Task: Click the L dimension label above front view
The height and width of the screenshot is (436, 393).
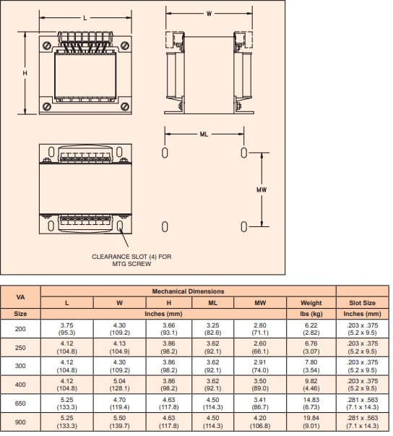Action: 85,17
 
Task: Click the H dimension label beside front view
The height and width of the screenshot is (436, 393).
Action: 25,74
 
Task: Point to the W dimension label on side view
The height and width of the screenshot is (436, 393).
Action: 208,13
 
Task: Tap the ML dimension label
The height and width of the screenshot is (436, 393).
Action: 204,134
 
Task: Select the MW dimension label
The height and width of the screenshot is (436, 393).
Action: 262,189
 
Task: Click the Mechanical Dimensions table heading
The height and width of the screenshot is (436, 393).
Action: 188,291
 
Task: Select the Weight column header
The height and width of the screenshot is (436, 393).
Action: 310,302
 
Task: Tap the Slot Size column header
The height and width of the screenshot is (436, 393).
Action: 362,302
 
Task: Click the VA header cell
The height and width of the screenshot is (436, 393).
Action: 21,296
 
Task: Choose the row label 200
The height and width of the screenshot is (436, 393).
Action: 21,329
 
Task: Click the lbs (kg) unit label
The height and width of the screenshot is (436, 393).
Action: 310,314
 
